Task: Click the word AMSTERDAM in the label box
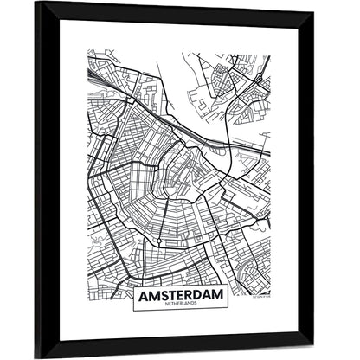180,297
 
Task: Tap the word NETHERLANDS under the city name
180,307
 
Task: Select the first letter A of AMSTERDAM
143,297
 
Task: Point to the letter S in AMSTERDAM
163,297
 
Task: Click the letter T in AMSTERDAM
171,297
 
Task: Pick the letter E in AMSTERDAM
180,297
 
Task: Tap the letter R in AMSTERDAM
189,297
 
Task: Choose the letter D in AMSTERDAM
198,297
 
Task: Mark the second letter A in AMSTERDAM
209,297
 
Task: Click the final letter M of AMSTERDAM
219,297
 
